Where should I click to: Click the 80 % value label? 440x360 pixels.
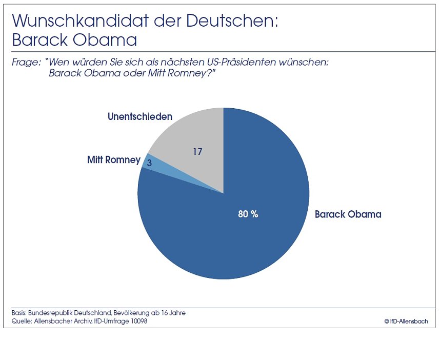coord(248,214)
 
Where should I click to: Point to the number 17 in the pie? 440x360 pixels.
coord(197,152)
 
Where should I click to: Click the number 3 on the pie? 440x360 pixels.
coord(149,163)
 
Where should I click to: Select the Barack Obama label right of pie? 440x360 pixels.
coord(348,214)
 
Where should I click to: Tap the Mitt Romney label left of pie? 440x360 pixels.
coord(113,160)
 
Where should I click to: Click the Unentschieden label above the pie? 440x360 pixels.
coord(139,116)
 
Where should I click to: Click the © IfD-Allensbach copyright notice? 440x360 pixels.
coord(406,322)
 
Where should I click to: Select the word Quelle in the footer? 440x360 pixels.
coord(20,321)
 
